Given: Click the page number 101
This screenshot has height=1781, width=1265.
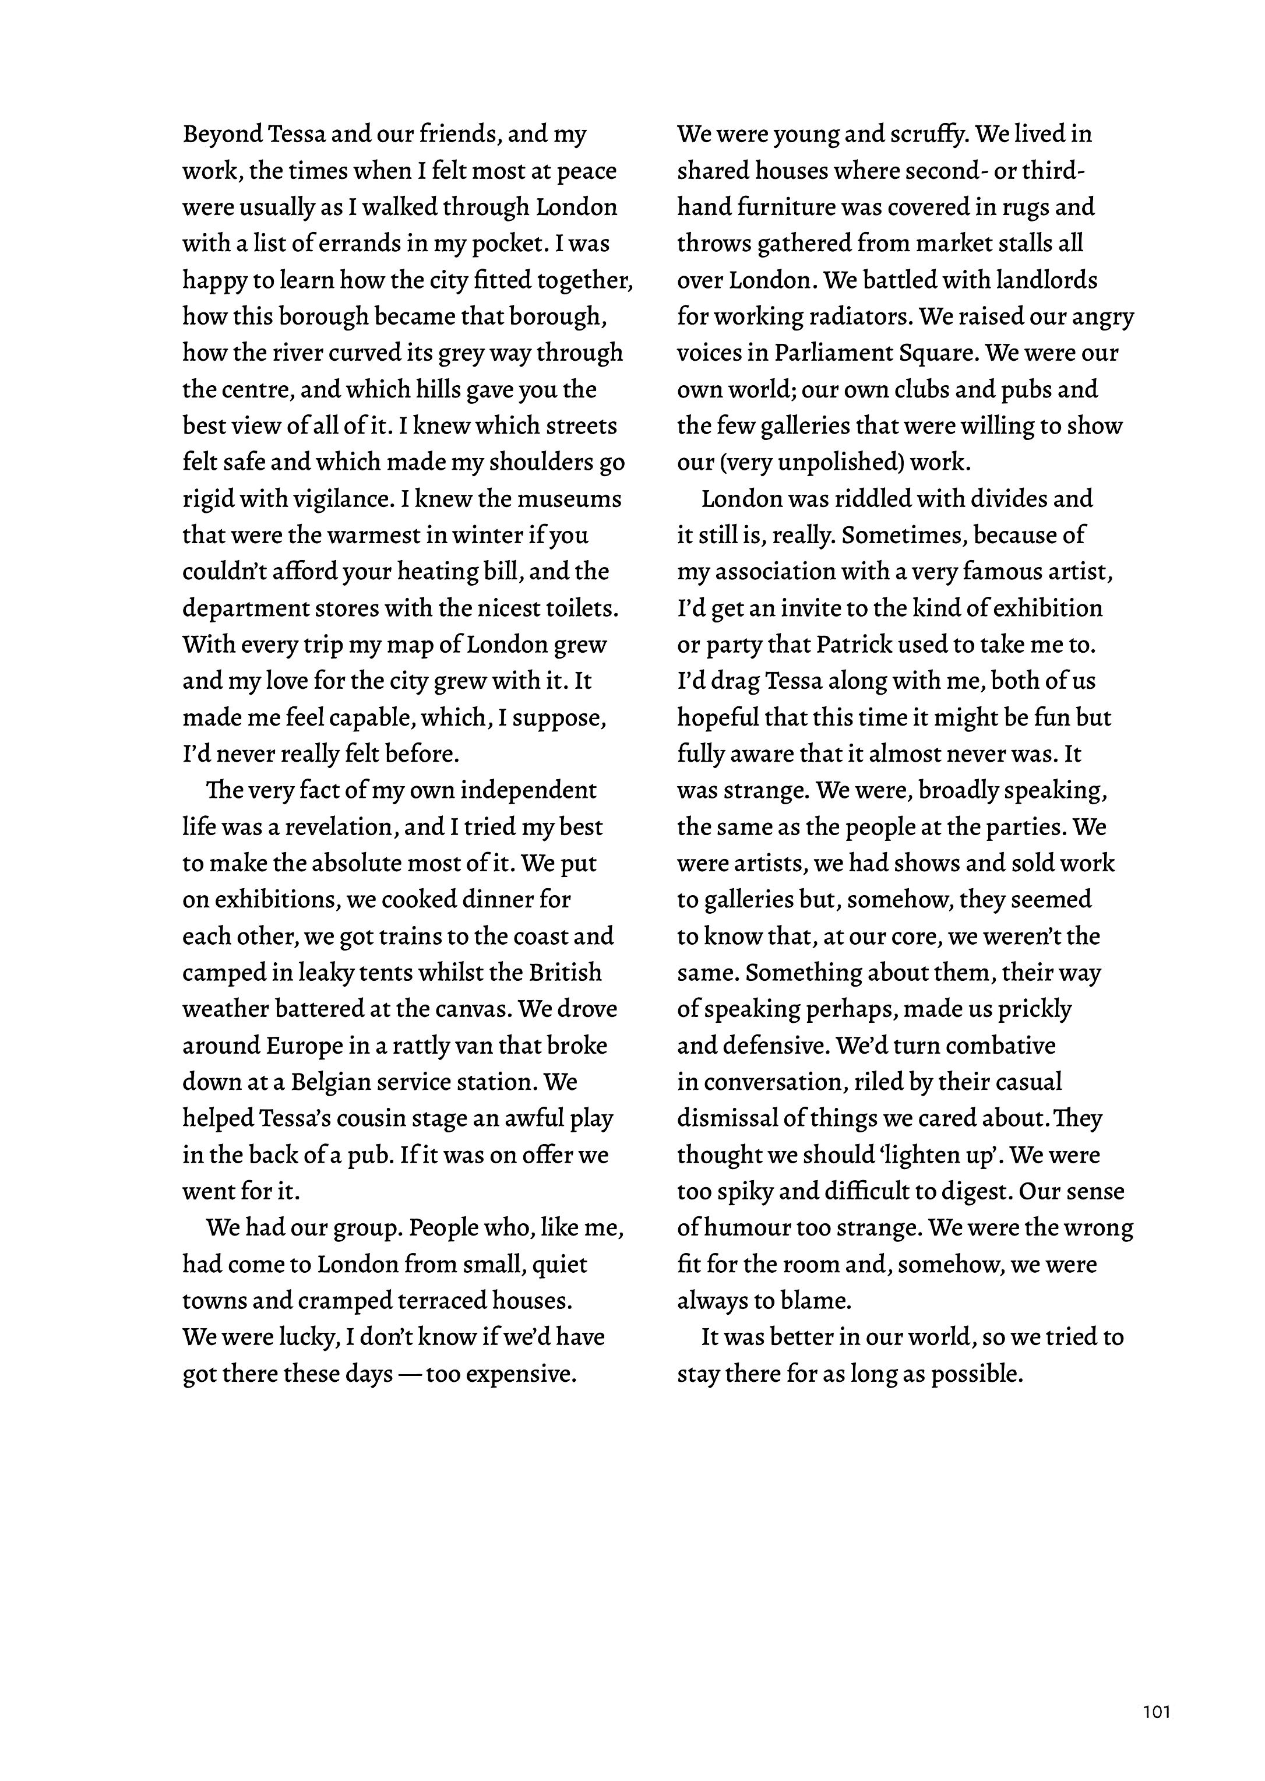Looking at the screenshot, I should click(1157, 1712).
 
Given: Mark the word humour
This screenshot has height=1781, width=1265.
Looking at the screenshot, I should click(751, 1228).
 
